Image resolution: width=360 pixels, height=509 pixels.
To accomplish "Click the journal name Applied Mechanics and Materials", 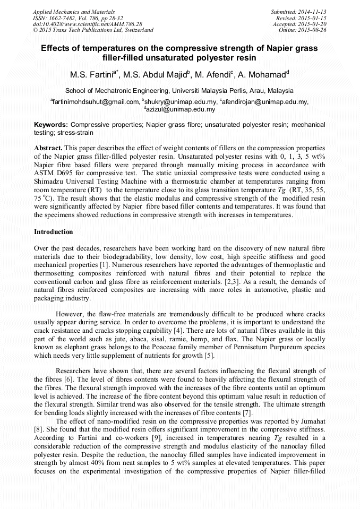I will click(x=74, y=11).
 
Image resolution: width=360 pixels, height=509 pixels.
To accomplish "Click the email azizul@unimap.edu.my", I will click(x=180, y=109).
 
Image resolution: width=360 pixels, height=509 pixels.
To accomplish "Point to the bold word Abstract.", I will click(x=48, y=146).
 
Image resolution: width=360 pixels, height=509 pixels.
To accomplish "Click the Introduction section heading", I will click(x=53, y=232).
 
